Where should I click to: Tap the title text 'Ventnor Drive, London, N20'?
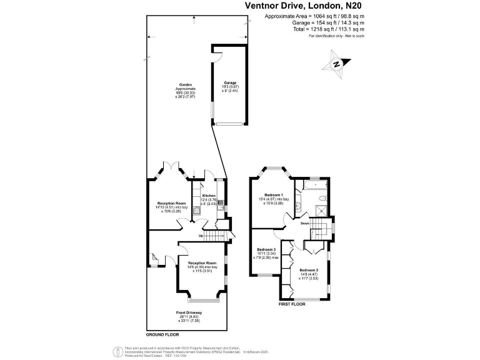tap(302, 6)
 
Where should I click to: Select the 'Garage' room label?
tap(229, 82)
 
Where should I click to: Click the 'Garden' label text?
tap(185, 84)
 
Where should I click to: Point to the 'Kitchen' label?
tap(209, 196)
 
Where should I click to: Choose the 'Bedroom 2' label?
tap(309, 270)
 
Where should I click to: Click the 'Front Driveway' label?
tap(187, 312)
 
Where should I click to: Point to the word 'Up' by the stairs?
tap(201, 236)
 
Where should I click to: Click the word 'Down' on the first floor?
tap(304, 223)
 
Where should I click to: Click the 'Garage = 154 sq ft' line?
tap(314, 23)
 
